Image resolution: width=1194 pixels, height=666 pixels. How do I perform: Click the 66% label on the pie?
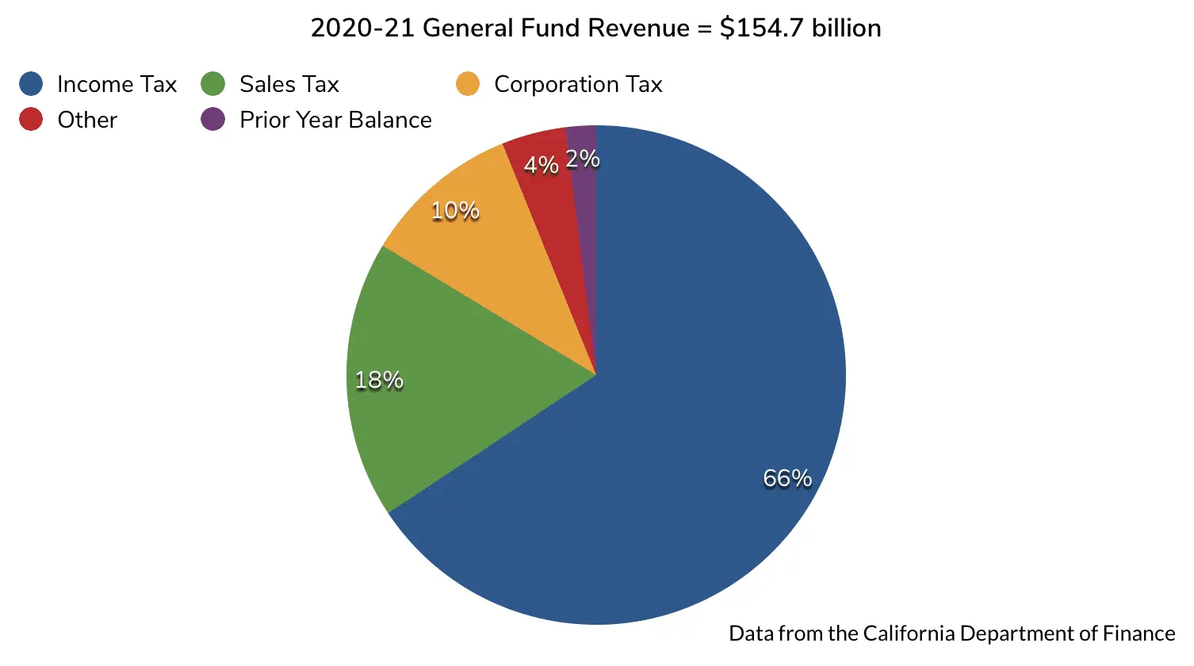[787, 478]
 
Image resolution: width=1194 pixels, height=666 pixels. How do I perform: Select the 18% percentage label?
[379, 381]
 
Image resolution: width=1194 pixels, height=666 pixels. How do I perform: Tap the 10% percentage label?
[455, 211]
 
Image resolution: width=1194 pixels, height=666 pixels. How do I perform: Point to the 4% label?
[542, 165]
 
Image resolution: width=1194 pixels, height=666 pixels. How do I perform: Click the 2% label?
[583, 159]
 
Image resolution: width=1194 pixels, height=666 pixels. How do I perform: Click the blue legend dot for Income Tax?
[31, 84]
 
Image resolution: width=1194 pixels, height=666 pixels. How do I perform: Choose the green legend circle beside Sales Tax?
[213, 84]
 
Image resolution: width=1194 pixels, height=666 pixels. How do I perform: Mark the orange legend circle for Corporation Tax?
[468, 84]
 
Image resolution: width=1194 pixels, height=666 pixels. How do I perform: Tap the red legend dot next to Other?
[31, 120]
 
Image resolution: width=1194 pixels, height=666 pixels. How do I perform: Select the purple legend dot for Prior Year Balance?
[213, 120]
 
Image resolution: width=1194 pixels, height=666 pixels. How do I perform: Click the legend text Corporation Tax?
[578, 84]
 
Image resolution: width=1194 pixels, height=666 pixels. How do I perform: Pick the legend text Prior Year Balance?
[335, 120]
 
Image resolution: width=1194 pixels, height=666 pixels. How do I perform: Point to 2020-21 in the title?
[362, 29]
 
